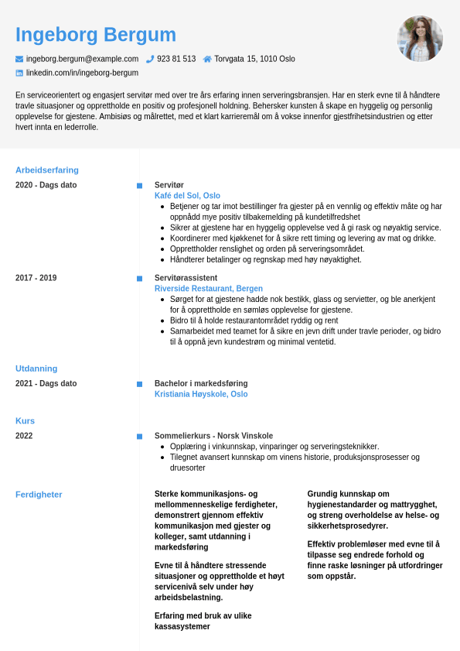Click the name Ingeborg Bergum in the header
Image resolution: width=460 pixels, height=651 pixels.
click(96, 35)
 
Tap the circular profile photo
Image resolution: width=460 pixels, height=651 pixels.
click(420, 39)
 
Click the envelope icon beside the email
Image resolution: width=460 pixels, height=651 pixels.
click(19, 59)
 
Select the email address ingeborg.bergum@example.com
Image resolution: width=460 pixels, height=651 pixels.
click(82, 59)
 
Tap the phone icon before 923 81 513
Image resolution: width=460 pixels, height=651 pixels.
click(150, 59)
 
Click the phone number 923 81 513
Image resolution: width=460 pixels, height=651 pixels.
click(176, 59)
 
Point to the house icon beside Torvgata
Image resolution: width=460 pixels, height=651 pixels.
click(207, 59)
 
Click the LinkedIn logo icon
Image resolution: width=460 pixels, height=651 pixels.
click(19, 73)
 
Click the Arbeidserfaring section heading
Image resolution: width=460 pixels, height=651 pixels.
click(47, 170)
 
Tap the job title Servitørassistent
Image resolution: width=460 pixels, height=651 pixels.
click(186, 278)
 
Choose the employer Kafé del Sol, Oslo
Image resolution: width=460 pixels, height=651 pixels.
click(187, 196)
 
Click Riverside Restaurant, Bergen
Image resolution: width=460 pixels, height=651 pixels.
click(197, 289)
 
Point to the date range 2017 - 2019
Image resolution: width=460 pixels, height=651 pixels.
click(36, 278)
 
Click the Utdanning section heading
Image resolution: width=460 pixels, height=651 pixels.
click(36, 368)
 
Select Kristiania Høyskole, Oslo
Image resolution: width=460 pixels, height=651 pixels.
click(201, 394)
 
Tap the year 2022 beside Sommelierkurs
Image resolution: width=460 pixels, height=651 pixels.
click(24, 436)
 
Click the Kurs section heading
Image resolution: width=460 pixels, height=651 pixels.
click(25, 421)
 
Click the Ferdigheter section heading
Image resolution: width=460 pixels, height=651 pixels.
click(39, 495)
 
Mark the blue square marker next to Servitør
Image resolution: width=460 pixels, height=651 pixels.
click(139, 186)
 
